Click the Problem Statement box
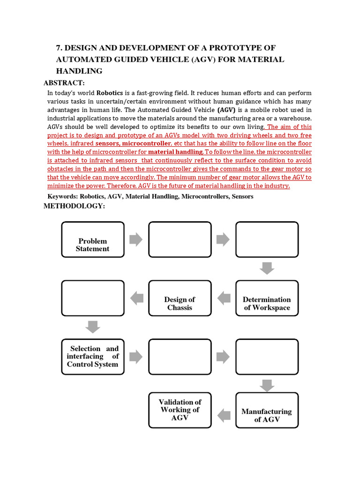[93, 240]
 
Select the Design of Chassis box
[180, 298]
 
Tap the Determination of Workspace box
[267, 298]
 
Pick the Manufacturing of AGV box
[267, 410]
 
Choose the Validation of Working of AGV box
[180, 410]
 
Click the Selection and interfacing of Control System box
[93, 357]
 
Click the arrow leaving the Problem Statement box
[136, 240]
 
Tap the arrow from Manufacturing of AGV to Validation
[224, 414]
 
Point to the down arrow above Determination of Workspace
[267, 269]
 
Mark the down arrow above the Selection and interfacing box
[93, 327]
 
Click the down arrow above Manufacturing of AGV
[267, 385]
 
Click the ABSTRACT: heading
[64, 83]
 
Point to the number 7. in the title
[59, 48]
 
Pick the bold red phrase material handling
[176, 152]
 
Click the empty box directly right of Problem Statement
[180, 240]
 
